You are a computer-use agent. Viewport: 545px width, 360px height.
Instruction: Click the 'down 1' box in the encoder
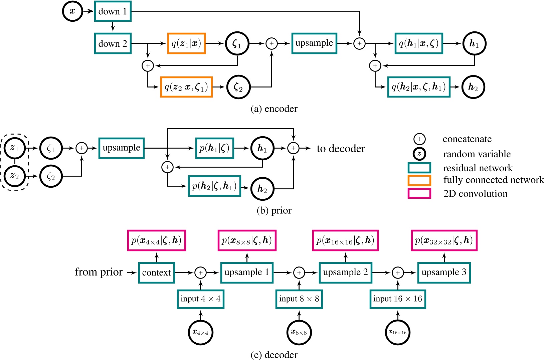(x=113, y=11)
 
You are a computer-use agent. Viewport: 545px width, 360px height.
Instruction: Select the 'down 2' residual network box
(x=113, y=43)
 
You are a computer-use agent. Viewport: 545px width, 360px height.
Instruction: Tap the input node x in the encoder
(x=72, y=11)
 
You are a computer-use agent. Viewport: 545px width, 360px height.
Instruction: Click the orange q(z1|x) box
(x=186, y=43)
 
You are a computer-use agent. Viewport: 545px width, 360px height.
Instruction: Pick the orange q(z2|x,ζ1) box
(x=186, y=87)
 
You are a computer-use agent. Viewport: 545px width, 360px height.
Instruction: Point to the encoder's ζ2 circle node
(x=238, y=87)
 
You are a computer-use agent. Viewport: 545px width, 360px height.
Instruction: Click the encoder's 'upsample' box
(x=314, y=43)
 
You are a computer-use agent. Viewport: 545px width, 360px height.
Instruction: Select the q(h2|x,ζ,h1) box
(x=419, y=87)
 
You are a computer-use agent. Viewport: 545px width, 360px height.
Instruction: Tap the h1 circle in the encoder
(x=474, y=43)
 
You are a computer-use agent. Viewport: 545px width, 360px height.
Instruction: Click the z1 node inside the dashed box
(x=15, y=148)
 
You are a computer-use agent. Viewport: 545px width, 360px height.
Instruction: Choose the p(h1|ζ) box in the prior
(x=214, y=148)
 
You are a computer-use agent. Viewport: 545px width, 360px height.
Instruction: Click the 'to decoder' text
(x=341, y=149)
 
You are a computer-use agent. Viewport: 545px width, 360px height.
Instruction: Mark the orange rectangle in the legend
(x=419, y=180)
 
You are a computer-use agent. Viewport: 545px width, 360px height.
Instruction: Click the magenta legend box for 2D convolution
(x=419, y=193)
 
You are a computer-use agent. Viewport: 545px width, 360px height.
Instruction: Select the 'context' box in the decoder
(x=157, y=273)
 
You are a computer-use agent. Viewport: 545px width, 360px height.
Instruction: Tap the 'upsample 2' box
(x=345, y=273)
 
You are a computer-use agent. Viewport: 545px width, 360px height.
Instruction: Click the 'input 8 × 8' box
(x=299, y=299)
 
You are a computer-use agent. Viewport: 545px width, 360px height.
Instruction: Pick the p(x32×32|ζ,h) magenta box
(x=444, y=240)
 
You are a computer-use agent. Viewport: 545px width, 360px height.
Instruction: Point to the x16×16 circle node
(x=397, y=332)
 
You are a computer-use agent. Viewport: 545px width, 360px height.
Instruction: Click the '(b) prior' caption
(x=274, y=210)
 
